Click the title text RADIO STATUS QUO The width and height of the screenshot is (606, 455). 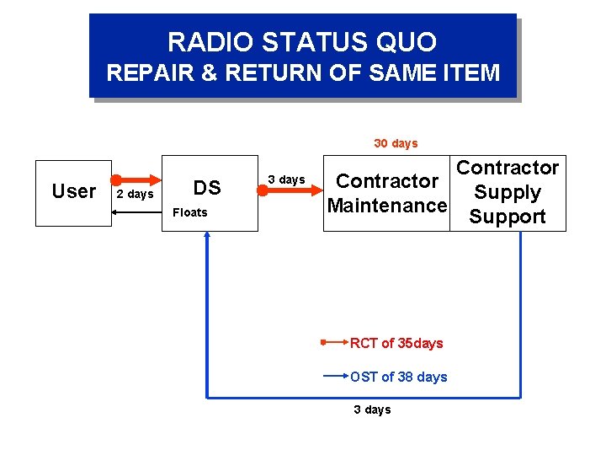[302, 42]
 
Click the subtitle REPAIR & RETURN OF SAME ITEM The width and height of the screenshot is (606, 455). [303, 73]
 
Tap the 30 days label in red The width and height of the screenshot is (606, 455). [396, 143]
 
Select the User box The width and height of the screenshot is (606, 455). [73, 193]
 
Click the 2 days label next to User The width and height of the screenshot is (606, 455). [135, 195]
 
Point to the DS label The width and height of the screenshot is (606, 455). [207, 188]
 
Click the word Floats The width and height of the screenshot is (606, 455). [189, 212]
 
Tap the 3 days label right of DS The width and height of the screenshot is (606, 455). [286, 179]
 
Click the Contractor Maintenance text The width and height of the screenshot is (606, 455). [387, 193]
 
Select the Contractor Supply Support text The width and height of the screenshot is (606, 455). [507, 192]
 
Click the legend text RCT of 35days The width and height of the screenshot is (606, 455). [396, 343]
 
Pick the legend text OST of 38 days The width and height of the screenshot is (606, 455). [399, 377]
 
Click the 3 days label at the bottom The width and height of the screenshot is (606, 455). [372, 409]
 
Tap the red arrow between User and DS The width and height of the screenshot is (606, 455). [139, 179]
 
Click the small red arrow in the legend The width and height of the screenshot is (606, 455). [334, 343]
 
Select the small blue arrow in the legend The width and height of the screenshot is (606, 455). [336, 377]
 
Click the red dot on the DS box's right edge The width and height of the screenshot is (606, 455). [263, 191]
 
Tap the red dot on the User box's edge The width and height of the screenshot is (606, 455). [115, 179]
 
